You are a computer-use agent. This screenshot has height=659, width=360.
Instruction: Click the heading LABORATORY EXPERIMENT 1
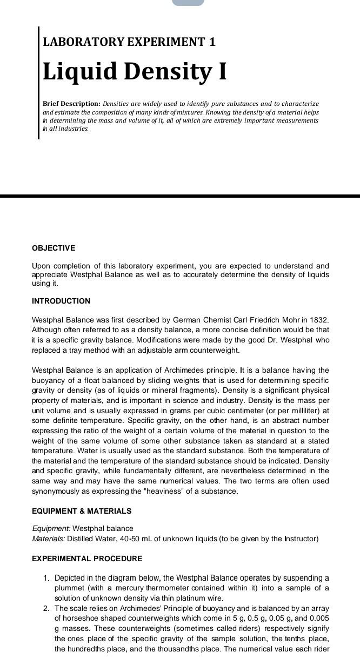pos(129,42)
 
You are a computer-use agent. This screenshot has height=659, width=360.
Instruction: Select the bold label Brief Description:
pos(71,103)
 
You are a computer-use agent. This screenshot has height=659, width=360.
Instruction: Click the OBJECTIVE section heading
pos(54,248)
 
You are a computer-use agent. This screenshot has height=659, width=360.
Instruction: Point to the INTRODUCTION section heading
pos(61,301)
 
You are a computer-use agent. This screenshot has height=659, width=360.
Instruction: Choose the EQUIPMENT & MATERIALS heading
pos(82,511)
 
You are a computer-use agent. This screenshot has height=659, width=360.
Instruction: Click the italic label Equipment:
pos(51,528)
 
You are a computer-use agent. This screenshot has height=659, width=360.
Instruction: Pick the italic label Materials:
pos(49,539)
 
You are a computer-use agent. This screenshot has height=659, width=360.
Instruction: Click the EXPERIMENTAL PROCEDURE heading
pos(87,559)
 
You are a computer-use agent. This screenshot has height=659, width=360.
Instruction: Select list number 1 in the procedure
pos(46,578)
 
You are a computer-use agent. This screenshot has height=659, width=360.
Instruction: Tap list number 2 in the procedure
pos(46,608)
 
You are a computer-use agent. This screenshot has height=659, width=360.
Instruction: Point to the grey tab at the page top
pos(188,2)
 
